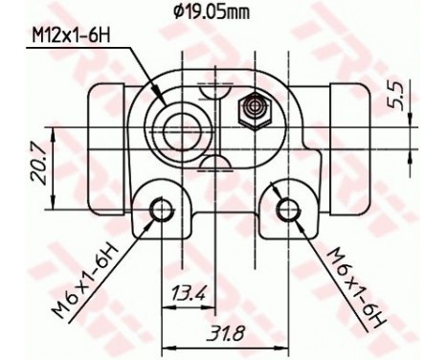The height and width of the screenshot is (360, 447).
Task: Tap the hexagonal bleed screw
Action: [256, 107]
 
